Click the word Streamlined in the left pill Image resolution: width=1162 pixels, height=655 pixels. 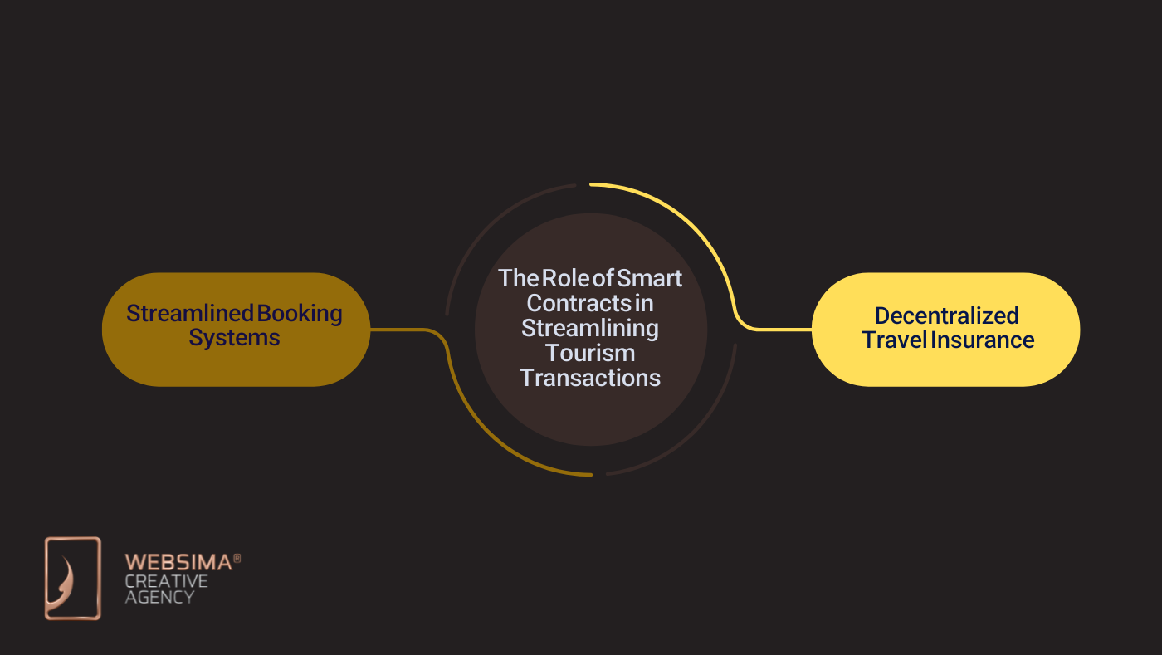click(x=189, y=314)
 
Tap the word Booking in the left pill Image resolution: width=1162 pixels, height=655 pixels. click(x=300, y=314)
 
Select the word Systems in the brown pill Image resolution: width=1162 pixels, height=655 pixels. click(x=234, y=338)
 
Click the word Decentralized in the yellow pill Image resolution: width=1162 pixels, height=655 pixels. click(x=946, y=315)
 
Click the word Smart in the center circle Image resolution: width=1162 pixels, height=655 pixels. click(x=650, y=278)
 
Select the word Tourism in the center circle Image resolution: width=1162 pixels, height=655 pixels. click(x=590, y=353)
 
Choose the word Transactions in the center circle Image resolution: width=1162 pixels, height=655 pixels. click(x=590, y=378)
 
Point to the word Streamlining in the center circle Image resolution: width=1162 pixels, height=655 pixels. click(x=590, y=328)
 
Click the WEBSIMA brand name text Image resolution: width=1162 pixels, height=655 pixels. click(x=178, y=563)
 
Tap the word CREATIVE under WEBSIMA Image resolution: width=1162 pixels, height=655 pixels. click(x=166, y=580)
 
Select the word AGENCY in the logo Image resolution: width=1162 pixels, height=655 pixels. click(x=160, y=597)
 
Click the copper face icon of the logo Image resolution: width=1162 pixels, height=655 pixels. click(x=72, y=578)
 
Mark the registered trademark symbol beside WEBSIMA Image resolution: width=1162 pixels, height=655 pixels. click(x=237, y=559)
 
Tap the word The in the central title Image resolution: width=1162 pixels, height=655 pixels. click(x=518, y=278)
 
